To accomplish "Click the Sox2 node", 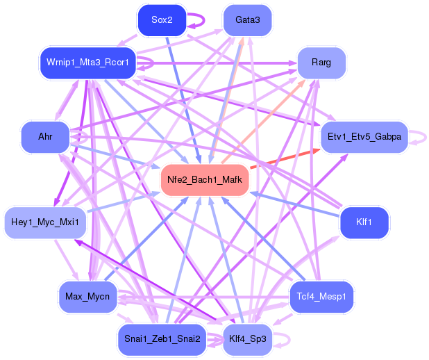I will [162, 21].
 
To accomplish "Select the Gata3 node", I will [248, 20].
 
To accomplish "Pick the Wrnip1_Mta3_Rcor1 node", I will [87, 63].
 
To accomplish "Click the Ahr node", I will [46, 137].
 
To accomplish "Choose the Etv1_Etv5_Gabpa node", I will [364, 137].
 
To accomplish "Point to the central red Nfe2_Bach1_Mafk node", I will [205, 180].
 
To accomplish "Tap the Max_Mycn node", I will [87, 297].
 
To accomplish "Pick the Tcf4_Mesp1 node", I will [321, 297].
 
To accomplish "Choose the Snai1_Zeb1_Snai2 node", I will [162, 339].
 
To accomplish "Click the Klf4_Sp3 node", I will [248, 339].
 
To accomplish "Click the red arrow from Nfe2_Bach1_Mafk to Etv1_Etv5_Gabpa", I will [285, 158].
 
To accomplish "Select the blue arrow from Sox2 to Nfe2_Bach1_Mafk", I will [183, 97].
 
